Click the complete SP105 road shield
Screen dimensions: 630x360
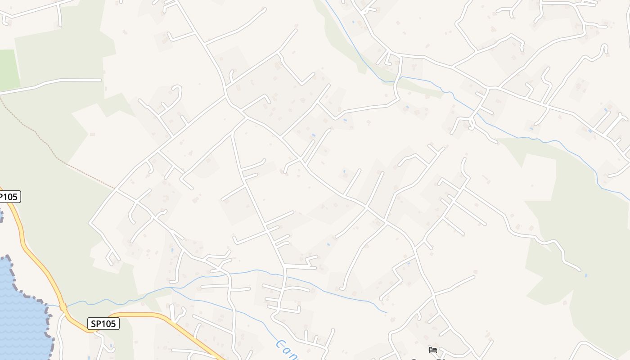[x=103, y=324]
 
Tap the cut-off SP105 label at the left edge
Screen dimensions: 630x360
[x=9, y=197]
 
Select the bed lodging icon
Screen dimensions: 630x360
[x=433, y=350]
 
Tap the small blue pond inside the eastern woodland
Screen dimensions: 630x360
[x=585, y=275]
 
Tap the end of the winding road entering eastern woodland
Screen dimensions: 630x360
[x=580, y=270]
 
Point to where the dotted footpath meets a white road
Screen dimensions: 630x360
[x=114, y=189]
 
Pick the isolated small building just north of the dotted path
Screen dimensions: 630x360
[x=92, y=134]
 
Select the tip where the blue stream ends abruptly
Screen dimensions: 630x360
[x=386, y=312]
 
